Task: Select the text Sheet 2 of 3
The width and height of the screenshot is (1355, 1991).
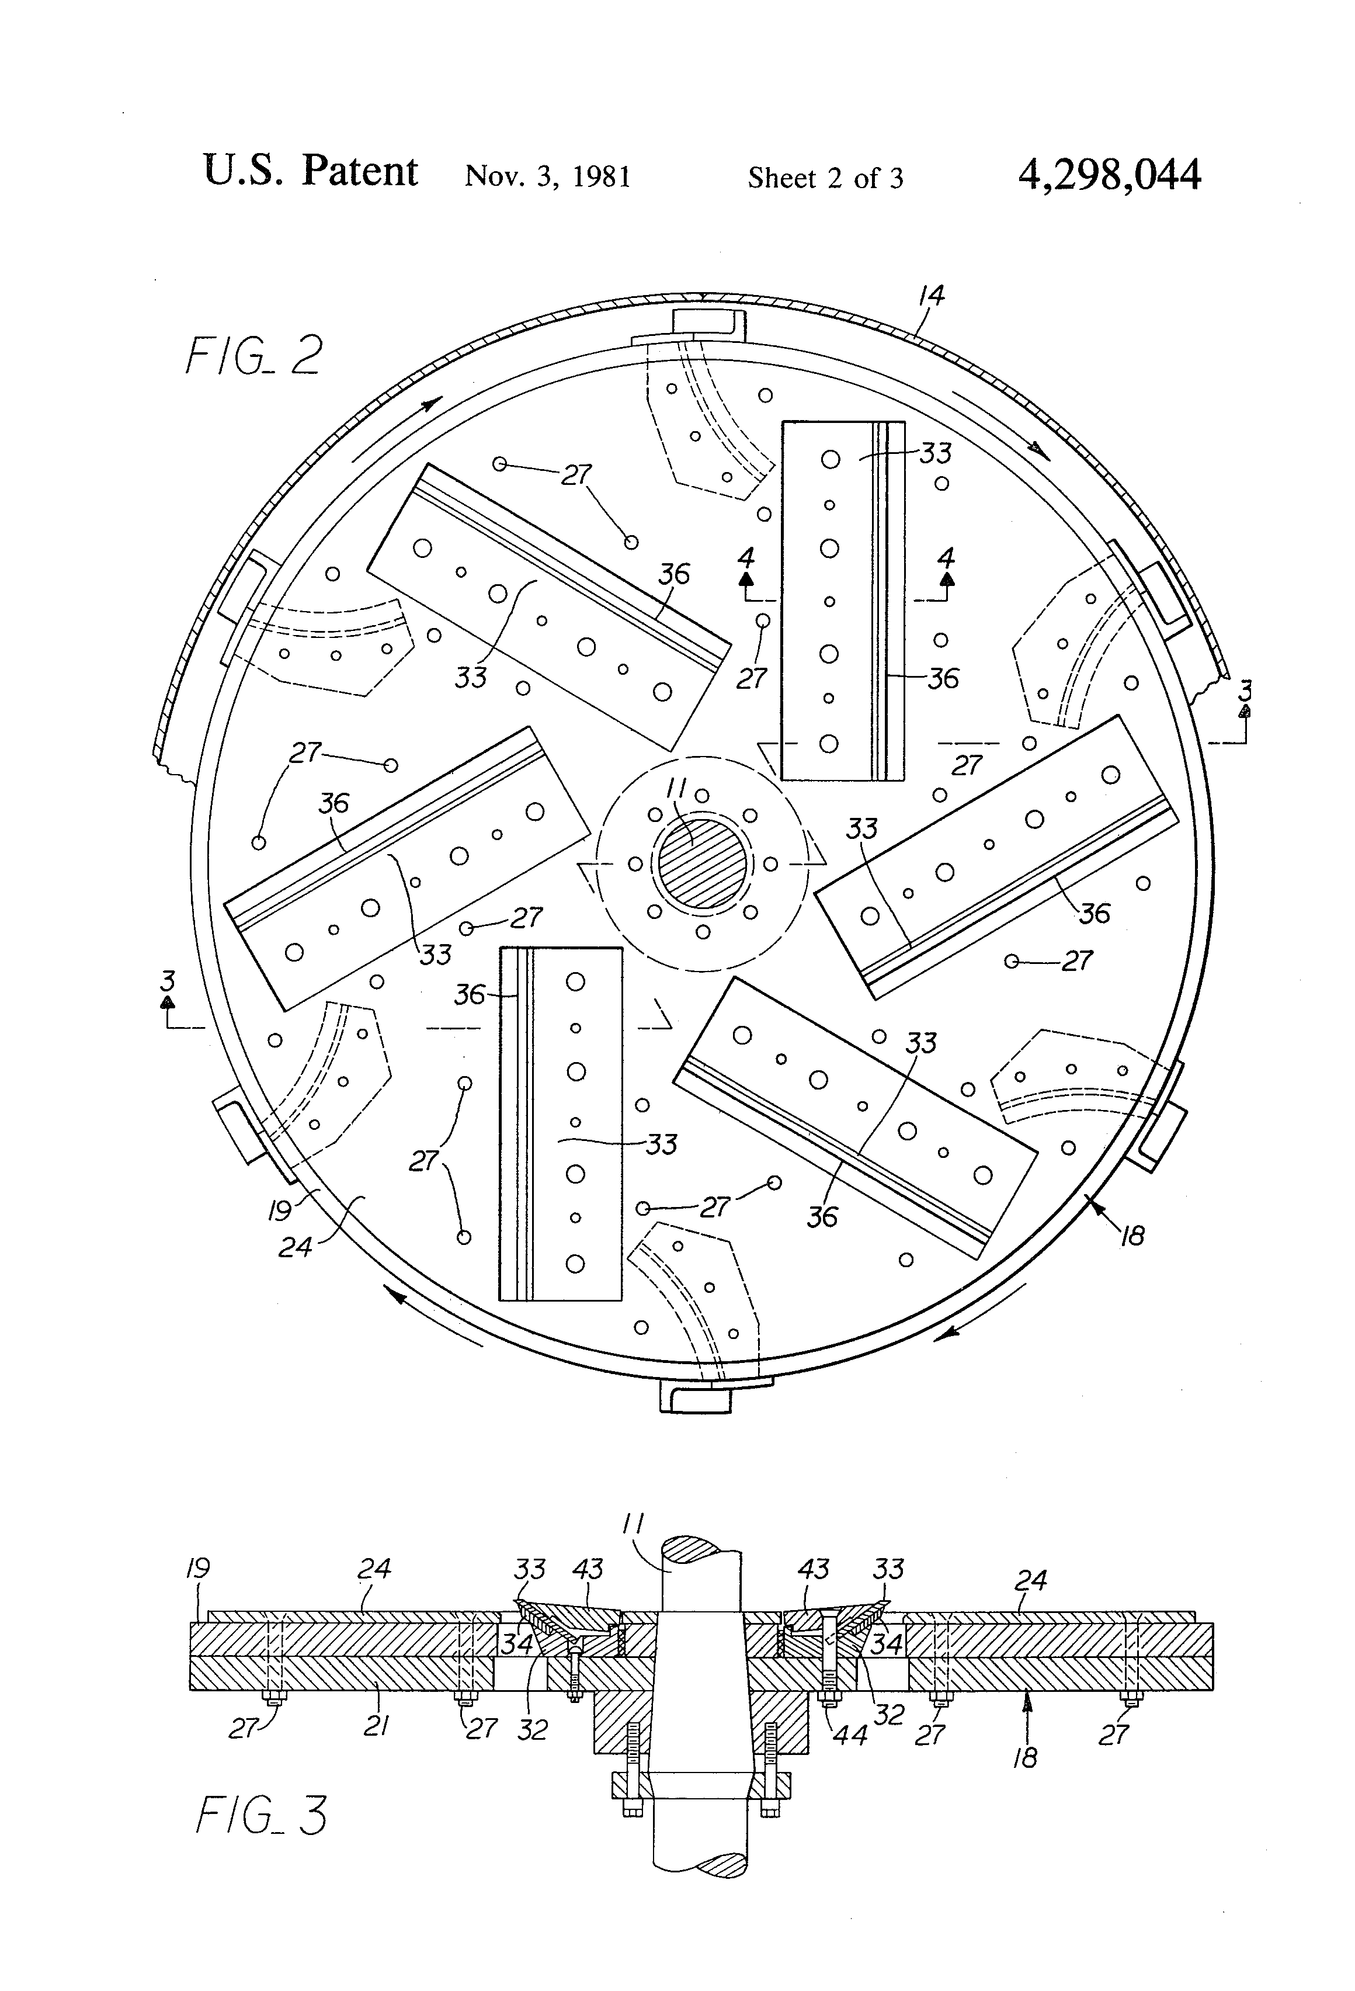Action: (x=825, y=178)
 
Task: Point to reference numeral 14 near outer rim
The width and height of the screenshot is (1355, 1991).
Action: (x=931, y=296)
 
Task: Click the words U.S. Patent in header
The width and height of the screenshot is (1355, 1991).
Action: (x=310, y=171)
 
